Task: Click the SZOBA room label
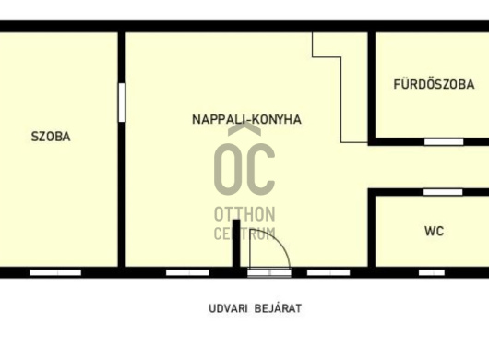(51, 137)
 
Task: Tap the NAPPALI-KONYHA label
(246, 119)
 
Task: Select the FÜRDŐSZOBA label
(434, 84)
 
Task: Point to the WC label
(435, 231)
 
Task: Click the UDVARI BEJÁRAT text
(255, 308)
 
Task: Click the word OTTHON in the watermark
(244, 214)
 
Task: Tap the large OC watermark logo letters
(244, 169)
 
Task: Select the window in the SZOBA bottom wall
(55, 272)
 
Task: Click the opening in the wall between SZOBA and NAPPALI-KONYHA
(122, 102)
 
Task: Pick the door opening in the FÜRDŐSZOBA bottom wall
(444, 142)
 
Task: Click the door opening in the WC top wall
(443, 192)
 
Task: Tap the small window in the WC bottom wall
(432, 272)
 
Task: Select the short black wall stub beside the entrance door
(236, 244)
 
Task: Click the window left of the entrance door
(187, 272)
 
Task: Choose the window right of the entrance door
(328, 272)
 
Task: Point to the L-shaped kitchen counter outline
(340, 100)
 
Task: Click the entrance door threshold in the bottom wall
(269, 272)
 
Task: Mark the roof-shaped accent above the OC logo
(244, 128)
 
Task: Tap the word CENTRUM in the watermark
(244, 234)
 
